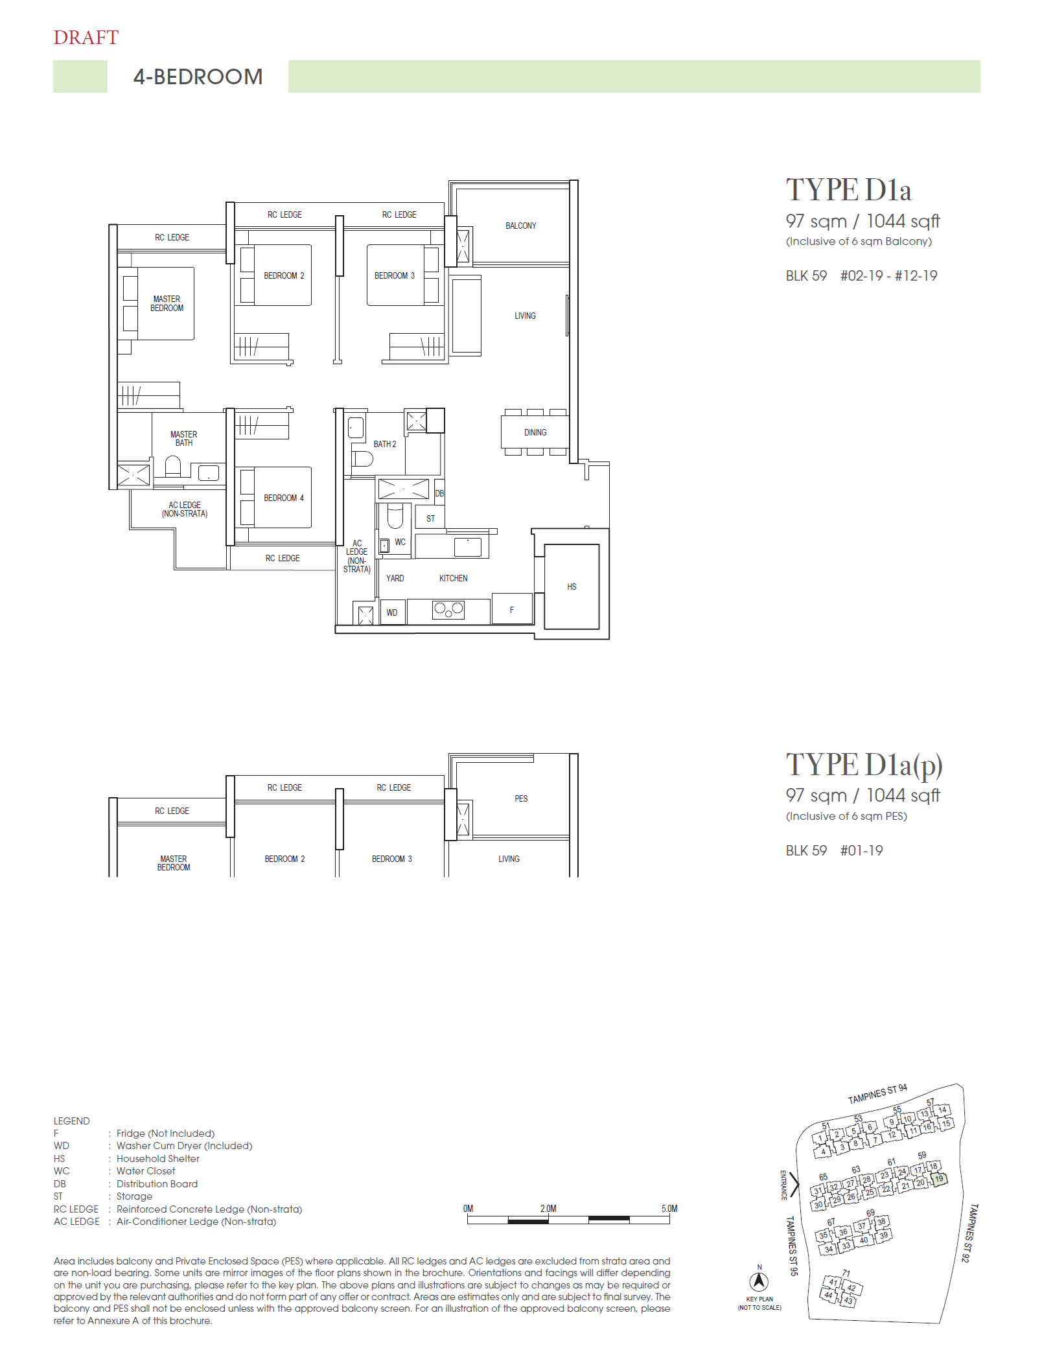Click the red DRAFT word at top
86,38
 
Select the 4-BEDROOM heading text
198,77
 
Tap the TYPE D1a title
848,191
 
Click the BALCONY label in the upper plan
520,226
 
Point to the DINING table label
535,432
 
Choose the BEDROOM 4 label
283,498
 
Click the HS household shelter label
572,587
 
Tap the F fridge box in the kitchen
512,610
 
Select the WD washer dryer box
392,612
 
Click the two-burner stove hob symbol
448,609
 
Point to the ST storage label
430,518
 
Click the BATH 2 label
384,444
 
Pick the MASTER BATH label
183,439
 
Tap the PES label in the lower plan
521,798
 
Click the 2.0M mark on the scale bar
548,1209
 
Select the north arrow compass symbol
759,1281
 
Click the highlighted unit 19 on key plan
939,1179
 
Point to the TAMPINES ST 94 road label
877,1094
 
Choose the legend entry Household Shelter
157,1159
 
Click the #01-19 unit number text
861,851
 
